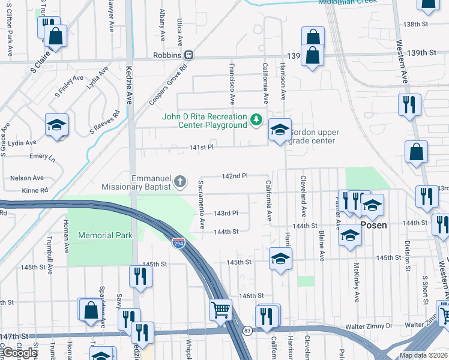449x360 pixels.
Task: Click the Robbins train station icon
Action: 188,55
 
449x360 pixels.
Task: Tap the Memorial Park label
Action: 105,236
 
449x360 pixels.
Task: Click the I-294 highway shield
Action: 179,243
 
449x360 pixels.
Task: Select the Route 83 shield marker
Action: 247,330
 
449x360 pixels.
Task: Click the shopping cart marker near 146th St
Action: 220,310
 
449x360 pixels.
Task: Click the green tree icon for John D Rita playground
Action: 256,120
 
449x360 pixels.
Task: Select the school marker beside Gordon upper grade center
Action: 280,130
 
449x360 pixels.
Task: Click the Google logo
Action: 20,353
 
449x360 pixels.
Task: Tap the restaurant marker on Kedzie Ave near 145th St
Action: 140,276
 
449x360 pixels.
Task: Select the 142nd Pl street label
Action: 235,176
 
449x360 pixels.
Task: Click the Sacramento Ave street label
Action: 202,205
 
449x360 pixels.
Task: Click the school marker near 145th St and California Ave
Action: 280,259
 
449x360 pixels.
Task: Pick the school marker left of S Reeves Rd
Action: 57,125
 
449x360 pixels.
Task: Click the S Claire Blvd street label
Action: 41,60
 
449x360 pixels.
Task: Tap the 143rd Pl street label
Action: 226,213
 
